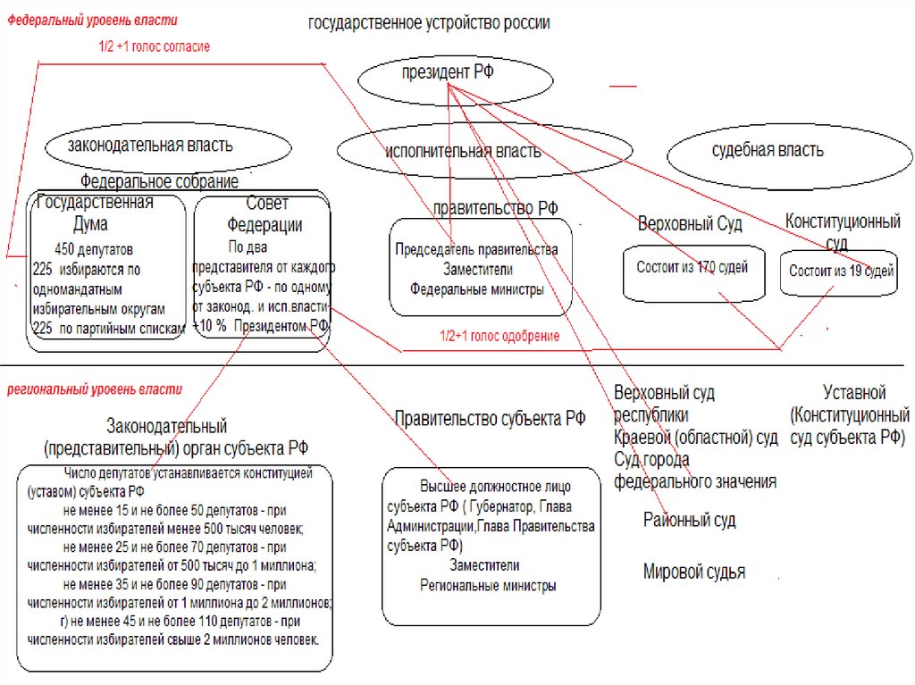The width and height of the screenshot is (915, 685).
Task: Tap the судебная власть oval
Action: (x=768, y=150)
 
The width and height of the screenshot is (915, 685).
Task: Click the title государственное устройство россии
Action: (x=429, y=23)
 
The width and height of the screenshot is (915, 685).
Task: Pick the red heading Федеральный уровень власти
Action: (x=93, y=20)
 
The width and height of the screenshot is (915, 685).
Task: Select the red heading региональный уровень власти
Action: (x=95, y=389)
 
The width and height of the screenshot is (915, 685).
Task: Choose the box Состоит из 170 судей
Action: (x=692, y=271)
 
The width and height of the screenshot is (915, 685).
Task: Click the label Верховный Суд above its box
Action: (x=690, y=223)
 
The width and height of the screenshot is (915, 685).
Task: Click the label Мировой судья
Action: (x=693, y=572)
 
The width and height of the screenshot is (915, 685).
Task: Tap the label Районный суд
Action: (x=689, y=520)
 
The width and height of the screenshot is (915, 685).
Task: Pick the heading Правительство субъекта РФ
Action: (x=490, y=418)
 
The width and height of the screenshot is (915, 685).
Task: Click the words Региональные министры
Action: (x=488, y=586)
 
